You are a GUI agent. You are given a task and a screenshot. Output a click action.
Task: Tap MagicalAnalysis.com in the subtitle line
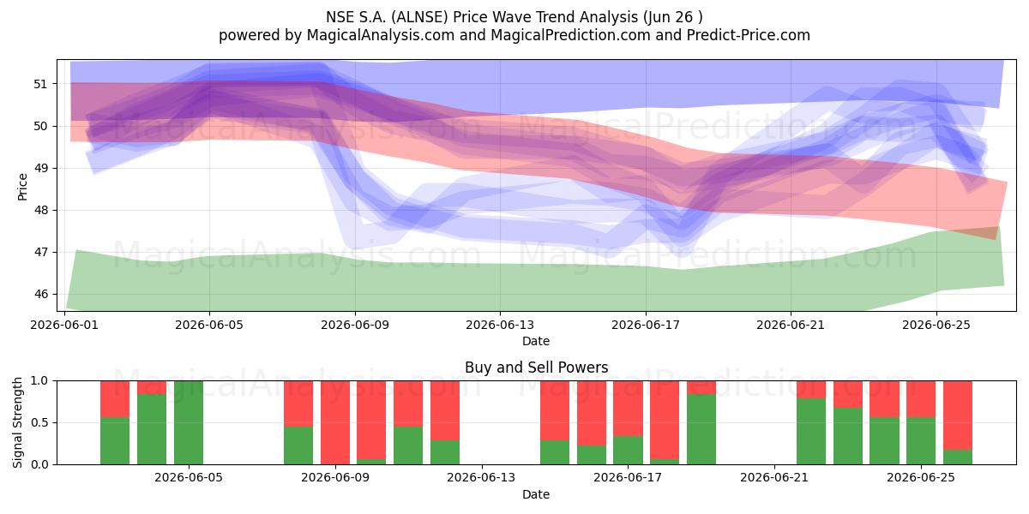coord(381,35)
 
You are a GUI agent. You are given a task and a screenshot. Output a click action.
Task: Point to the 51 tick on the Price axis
coord(40,84)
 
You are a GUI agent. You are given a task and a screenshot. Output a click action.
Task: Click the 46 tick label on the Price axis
coord(40,294)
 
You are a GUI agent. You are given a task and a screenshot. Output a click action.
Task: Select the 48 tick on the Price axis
coord(40,210)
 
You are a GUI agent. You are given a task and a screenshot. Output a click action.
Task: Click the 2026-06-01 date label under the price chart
coord(64,325)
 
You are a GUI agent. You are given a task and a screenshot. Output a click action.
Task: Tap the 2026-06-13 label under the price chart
coord(500,325)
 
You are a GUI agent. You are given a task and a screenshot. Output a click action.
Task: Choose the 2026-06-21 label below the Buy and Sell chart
coord(774,478)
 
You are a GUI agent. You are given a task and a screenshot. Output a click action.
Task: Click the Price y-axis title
coord(22,187)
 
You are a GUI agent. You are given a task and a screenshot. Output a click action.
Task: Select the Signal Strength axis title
coord(17,422)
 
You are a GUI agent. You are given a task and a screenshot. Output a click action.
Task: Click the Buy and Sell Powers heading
coord(536,368)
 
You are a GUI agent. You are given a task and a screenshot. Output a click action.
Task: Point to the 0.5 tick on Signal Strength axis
coord(39,422)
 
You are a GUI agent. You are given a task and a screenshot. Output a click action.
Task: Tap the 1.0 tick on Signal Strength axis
coord(39,380)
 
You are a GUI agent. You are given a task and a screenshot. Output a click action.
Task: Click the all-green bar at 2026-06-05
coord(189,422)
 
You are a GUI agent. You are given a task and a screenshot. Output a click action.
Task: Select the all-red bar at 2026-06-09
coord(335,422)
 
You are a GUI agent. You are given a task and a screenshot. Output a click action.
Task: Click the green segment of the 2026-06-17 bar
coord(628,451)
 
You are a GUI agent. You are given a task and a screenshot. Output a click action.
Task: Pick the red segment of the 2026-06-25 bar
coord(921,399)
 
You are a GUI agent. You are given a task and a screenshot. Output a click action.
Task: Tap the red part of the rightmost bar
coord(958,415)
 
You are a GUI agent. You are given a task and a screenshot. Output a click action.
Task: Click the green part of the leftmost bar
coord(115,441)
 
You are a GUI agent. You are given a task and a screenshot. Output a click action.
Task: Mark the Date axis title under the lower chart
coord(536,494)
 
